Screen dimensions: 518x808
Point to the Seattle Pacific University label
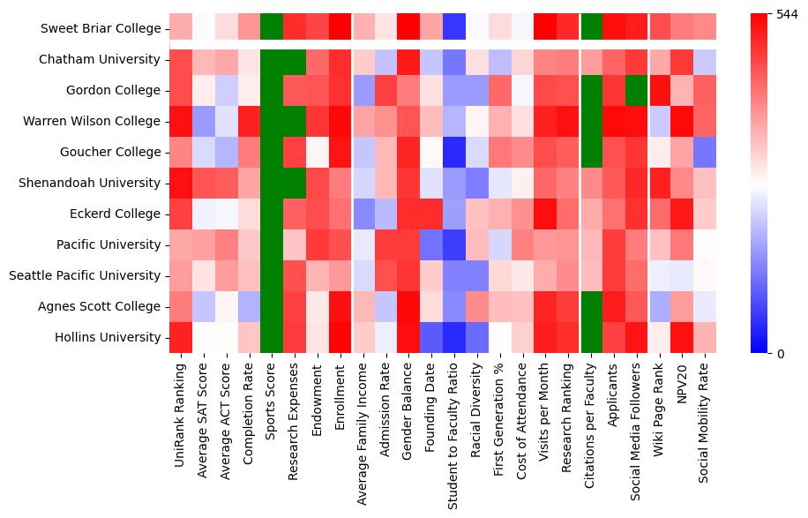(x=86, y=275)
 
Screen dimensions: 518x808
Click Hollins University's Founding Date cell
(x=431, y=337)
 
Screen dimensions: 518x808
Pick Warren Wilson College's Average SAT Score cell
(x=205, y=122)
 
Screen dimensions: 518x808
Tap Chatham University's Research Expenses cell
(x=296, y=60)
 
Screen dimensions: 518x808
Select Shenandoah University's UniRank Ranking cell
(x=182, y=183)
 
